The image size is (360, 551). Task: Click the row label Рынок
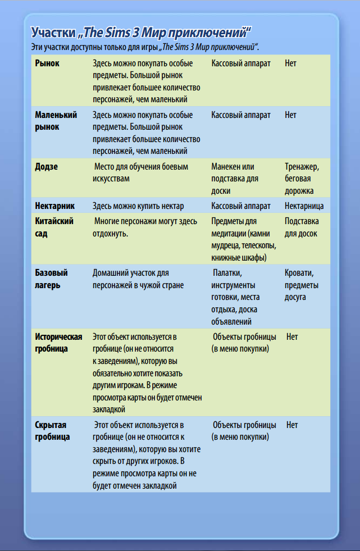(47, 63)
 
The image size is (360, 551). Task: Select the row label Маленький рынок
(56, 121)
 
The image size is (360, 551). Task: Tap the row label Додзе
(47, 167)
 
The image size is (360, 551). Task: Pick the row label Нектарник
(54, 206)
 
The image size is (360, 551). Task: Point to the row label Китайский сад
(54, 227)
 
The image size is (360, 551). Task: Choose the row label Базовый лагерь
(52, 279)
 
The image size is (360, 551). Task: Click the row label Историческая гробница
(58, 343)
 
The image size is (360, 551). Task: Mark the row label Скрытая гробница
(53, 431)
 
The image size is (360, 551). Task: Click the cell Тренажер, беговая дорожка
(302, 179)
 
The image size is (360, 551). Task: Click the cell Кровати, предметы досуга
(302, 285)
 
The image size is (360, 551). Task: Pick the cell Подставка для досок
(302, 227)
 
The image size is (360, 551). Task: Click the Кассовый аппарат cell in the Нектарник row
(241, 206)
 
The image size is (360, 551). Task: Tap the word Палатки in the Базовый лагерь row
(227, 273)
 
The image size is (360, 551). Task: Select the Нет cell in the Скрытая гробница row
(292, 425)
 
